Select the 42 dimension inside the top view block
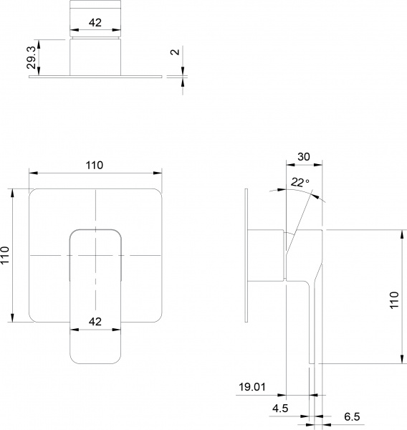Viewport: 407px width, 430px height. coord(95,22)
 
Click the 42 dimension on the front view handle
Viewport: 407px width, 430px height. coord(95,321)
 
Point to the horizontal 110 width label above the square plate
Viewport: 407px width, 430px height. coord(95,165)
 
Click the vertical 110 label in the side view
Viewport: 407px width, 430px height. coord(393,298)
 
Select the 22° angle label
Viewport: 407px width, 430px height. coord(301,183)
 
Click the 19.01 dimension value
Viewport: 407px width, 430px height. coord(252,387)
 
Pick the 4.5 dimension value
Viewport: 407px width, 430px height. coord(281,411)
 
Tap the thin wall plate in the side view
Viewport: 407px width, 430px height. coord(246,255)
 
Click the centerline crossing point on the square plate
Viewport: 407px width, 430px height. coord(95,256)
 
